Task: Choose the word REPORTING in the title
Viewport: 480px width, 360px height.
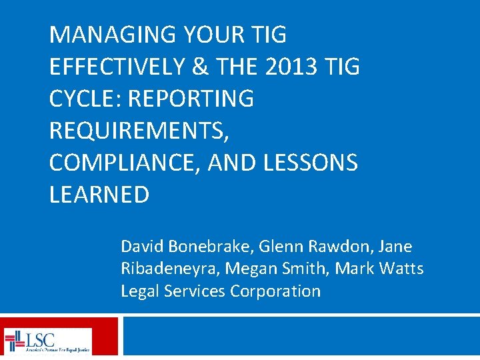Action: point(191,99)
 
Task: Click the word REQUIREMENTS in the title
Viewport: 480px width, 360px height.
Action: point(137,131)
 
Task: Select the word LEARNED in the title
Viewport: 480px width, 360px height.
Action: point(99,195)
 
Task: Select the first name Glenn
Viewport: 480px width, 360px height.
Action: point(279,247)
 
